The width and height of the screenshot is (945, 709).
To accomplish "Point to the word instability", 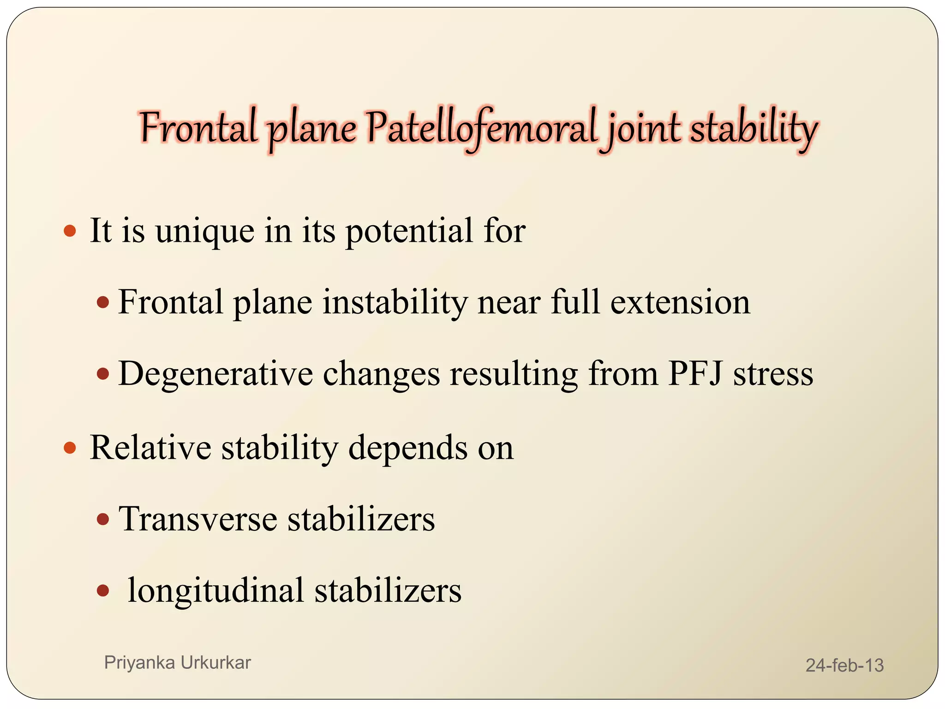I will click(395, 302).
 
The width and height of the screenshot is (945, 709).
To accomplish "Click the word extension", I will click(680, 302).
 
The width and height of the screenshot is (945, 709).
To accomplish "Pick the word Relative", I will click(150, 447).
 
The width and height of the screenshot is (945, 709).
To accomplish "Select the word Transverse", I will click(198, 519).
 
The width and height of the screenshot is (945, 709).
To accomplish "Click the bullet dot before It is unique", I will click(70, 231).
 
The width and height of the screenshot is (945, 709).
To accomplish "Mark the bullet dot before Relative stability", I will click(70, 447).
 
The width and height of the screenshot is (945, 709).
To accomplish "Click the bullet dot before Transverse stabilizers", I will click(103, 520).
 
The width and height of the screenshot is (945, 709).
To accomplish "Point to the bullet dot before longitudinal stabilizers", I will click(103, 590).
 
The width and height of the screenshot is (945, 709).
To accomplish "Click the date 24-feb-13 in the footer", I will click(844, 665).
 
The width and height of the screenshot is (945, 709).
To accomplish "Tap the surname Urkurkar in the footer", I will click(215, 662).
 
